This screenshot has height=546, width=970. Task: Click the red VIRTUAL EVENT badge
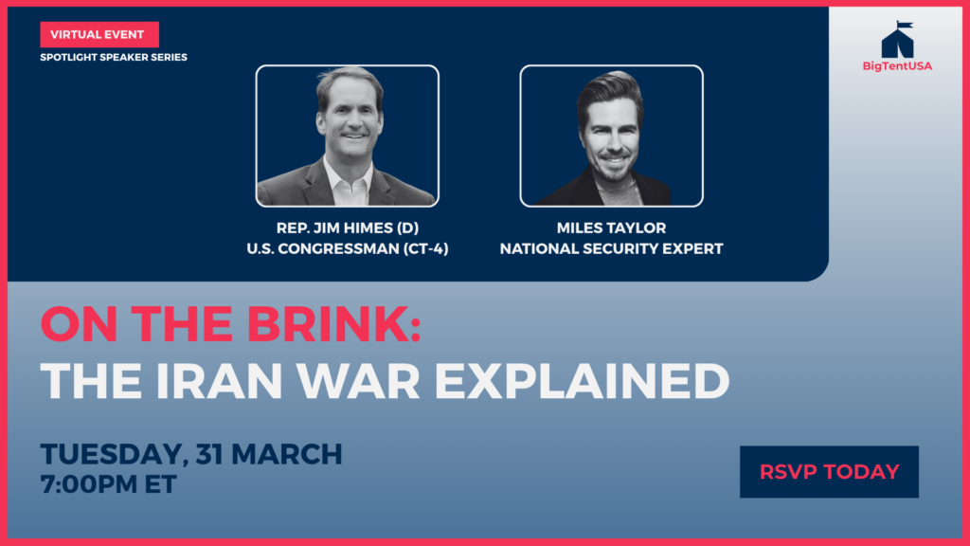99,35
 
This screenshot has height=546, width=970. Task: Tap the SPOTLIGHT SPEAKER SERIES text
114,58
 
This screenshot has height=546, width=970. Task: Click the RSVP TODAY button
829,472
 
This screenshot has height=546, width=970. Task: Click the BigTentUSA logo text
898,66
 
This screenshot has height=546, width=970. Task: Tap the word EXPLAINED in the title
583,381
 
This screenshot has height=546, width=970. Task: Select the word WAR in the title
359,381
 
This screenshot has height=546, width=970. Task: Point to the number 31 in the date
209,454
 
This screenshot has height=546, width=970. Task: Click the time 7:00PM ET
109,484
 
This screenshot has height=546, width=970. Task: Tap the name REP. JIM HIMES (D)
348,227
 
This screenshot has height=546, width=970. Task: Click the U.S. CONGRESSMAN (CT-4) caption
348,249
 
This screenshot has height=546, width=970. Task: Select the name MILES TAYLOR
611,227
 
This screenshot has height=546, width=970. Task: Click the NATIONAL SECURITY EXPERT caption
611,249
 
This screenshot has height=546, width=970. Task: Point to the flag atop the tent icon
905,25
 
